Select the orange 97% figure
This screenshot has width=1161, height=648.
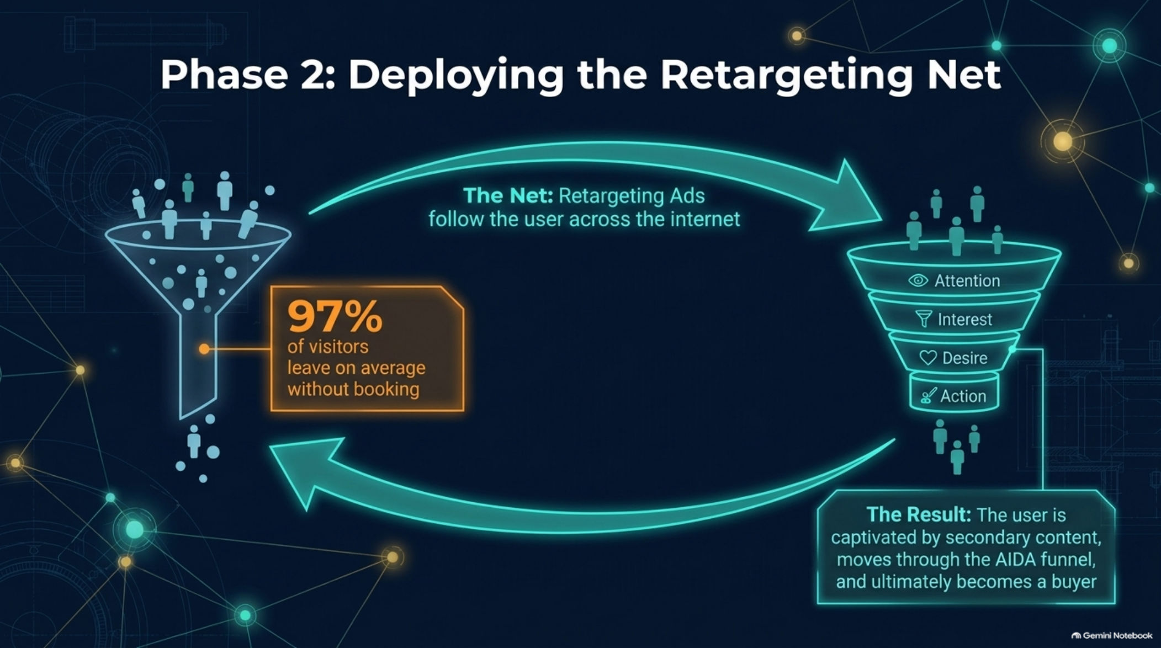point(335,316)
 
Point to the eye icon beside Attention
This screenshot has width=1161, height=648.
point(918,280)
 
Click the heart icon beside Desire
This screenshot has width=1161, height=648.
point(927,358)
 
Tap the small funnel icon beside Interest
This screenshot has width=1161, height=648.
point(923,319)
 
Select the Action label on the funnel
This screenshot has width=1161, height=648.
point(963,396)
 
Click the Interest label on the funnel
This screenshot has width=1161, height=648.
point(964,319)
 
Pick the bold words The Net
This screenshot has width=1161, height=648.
point(508,195)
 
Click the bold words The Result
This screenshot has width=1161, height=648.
point(918,514)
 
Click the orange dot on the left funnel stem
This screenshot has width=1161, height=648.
point(204,349)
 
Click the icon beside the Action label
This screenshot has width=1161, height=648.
point(928,396)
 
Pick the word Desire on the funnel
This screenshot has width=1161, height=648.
point(964,358)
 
